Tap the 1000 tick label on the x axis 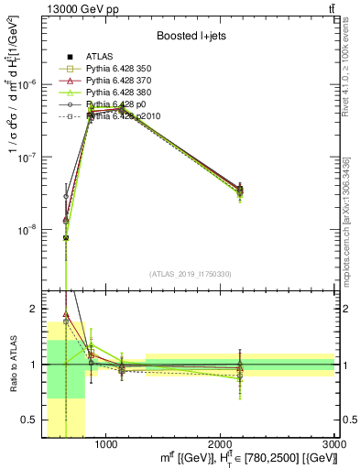(106, 443)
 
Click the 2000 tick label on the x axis (221, 443)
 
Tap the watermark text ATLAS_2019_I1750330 (189, 274)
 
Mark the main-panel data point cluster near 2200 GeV (240, 190)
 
